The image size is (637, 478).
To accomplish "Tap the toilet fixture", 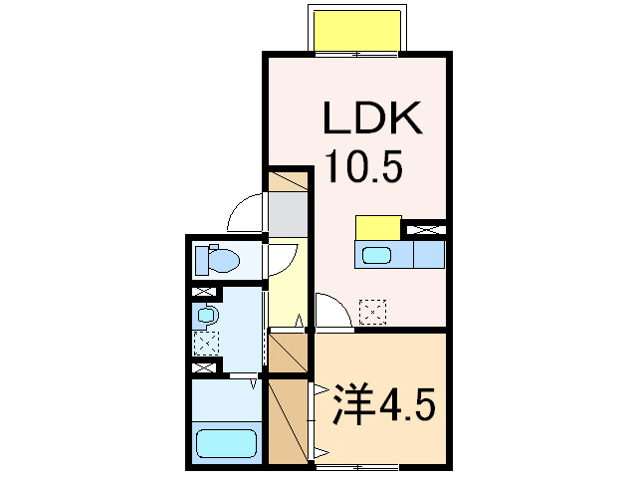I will [x=217, y=261].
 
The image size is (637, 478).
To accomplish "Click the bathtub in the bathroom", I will [x=226, y=440].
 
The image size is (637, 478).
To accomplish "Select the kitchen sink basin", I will [x=376, y=255].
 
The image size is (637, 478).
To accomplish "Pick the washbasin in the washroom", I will [x=206, y=316].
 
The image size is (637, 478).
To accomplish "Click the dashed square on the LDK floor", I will [x=372, y=312].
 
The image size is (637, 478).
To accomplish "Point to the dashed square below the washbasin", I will [x=206, y=345].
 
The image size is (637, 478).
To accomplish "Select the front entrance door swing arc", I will [x=243, y=212].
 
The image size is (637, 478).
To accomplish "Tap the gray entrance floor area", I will [x=289, y=212].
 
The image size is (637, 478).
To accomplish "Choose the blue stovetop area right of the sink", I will [x=428, y=255].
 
